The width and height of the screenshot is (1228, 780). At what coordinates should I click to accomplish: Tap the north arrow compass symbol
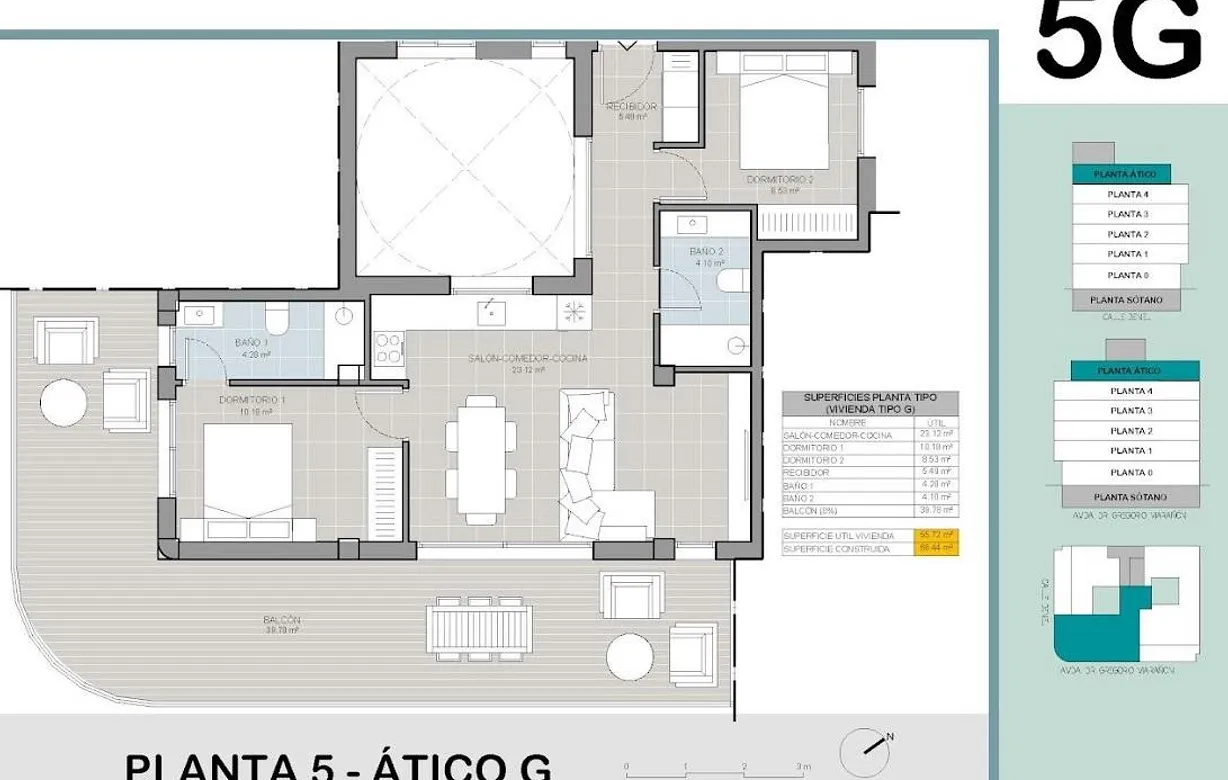tap(863, 749)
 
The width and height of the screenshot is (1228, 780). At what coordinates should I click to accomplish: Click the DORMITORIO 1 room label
tap(252, 400)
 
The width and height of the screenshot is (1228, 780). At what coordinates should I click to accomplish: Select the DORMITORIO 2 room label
tap(780, 180)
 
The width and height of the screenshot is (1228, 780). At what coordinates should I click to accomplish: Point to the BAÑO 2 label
tap(705, 251)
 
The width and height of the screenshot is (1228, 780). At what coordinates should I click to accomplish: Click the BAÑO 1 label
tap(251, 343)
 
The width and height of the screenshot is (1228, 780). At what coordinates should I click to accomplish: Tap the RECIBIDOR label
tap(632, 106)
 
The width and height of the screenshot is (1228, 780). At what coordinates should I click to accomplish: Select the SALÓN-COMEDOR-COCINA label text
tap(528, 358)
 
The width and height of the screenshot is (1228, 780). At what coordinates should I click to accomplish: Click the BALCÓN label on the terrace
tap(283, 620)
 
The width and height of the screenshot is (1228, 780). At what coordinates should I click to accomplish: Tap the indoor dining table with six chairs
tap(481, 458)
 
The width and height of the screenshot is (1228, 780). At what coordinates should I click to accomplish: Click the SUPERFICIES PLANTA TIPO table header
tap(869, 403)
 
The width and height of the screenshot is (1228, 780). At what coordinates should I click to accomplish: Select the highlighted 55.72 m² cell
tap(937, 535)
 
